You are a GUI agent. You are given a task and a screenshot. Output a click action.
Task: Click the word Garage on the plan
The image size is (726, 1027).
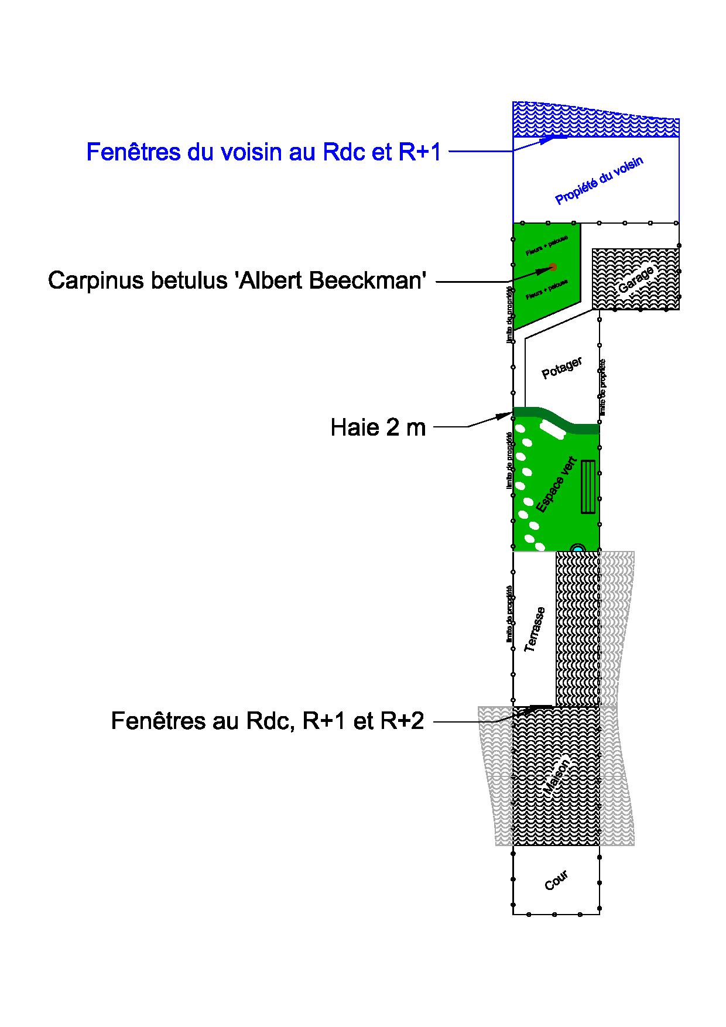click(x=636, y=280)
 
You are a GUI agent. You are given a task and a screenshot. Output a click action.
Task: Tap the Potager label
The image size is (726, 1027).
click(x=561, y=368)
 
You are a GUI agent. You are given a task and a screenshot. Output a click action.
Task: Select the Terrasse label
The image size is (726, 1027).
click(x=535, y=629)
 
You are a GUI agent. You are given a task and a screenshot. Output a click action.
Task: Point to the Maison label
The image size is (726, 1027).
click(x=556, y=777)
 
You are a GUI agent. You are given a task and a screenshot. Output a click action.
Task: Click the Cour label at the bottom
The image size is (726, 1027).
click(x=556, y=881)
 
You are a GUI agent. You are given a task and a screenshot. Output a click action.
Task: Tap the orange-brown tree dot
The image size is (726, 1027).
click(x=553, y=267)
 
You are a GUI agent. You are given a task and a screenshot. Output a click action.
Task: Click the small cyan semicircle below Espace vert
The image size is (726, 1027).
click(x=578, y=548)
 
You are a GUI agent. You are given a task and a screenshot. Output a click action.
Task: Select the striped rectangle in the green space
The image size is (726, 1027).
click(x=588, y=487)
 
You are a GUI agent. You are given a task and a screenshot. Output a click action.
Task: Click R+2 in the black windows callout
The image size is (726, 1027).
click(x=402, y=721)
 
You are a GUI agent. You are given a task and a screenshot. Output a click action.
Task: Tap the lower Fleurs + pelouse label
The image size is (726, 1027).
click(x=546, y=290)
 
